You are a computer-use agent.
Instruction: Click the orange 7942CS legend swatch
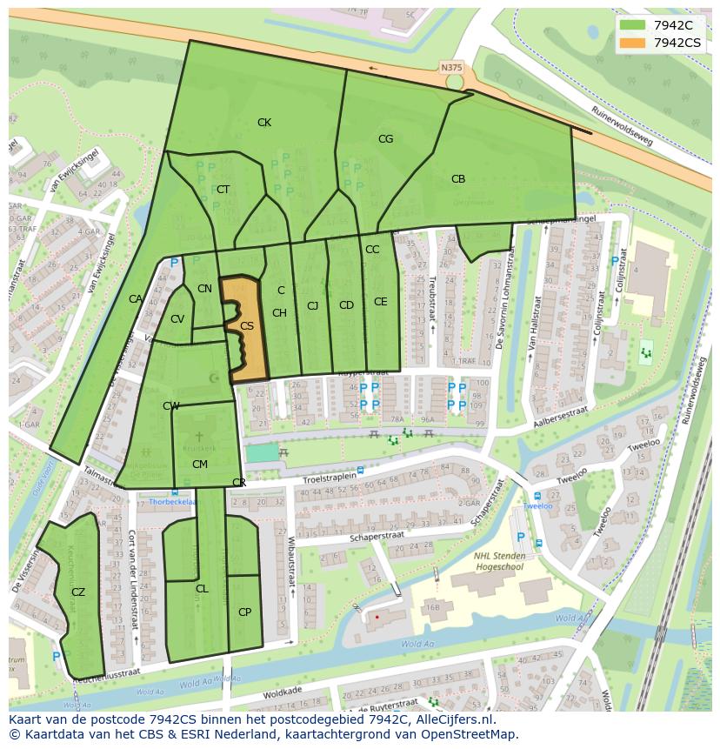pyautogui.click(x=633, y=43)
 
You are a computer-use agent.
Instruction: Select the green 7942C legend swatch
pyautogui.click(x=633, y=25)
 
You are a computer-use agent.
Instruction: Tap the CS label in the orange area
pyautogui.click(x=247, y=326)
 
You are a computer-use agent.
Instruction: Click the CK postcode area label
pyautogui.click(x=264, y=123)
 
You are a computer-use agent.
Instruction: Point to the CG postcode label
pyautogui.click(x=385, y=139)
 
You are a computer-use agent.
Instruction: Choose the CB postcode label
pyautogui.click(x=458, y=179)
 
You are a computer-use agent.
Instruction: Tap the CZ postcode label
pyautogui.click(x=78, y=592)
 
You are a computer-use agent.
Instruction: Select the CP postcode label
pyautogui.click(x=244, y=612)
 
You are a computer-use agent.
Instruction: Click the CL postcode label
pyautogui.click(x=202, y=589)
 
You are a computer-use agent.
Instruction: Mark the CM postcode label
pyautogui.click(x=199, y=465)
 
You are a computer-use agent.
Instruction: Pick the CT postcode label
pyautogui.click(x=223, y=190)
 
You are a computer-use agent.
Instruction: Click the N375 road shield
pyautogui.click(x=451, y=67)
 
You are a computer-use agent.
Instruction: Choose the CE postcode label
pyautogui.click(x=380, y=302)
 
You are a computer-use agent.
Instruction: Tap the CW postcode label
pyautogui.click(x=171, y=406)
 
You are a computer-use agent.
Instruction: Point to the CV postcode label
pyautogui.click(x=177, y=318)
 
